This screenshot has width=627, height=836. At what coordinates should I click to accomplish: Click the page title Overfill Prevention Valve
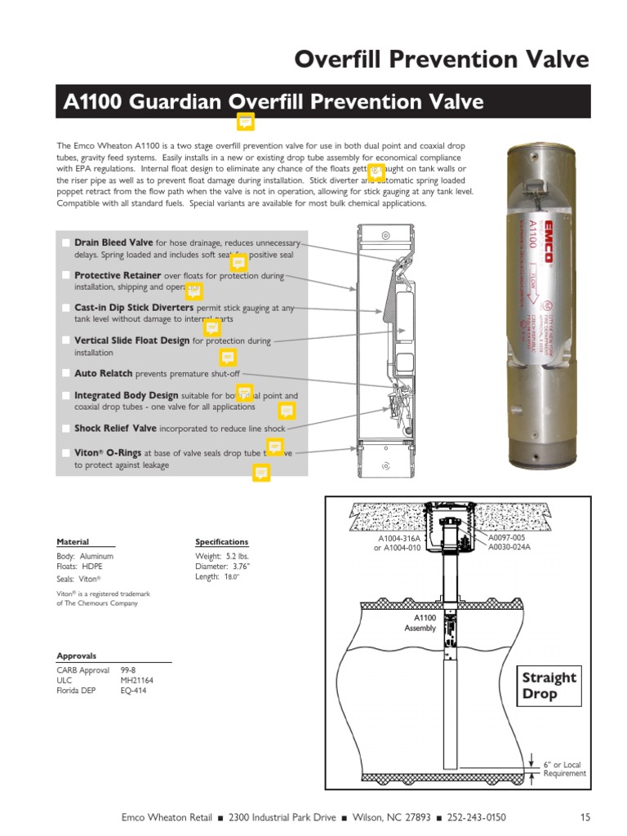(x=441, y=60)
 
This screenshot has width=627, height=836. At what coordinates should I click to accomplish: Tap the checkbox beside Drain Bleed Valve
(x=65, y=243)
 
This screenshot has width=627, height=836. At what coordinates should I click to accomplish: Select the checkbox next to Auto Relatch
(x=65, y=373)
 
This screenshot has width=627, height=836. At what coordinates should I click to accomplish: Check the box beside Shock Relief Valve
(x=65, y=428)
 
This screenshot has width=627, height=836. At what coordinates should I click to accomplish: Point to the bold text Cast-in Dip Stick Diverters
(x=134, y=308)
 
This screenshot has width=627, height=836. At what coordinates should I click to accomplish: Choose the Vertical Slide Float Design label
(x=131, y=340)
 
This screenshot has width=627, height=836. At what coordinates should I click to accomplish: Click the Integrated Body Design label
(x=126, y=395)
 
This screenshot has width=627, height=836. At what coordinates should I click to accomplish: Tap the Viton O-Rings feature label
(x=108, y=451)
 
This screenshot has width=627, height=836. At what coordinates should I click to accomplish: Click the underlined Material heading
(x=73, y=542)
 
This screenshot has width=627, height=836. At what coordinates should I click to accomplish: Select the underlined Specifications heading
(x=221, y=542)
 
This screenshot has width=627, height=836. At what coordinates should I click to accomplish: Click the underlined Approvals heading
(x=76, y=656)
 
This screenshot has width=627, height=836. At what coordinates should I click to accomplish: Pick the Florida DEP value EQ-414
(x=133, y=691)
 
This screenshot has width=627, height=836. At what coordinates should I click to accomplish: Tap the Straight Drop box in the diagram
(x=549, y=686)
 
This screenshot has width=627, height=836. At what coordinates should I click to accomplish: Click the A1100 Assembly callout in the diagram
(x=420, y=623)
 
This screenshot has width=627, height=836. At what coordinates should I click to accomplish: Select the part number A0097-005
(x=509, y=537)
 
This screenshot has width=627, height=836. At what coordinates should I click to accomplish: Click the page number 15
(x=585, y=817)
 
